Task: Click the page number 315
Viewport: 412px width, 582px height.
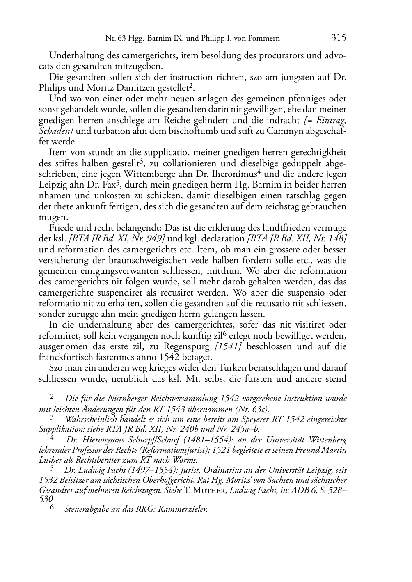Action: [339, 38]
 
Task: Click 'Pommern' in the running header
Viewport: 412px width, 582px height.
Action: [265, 39]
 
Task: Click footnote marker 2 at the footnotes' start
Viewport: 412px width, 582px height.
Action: [52, 397]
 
